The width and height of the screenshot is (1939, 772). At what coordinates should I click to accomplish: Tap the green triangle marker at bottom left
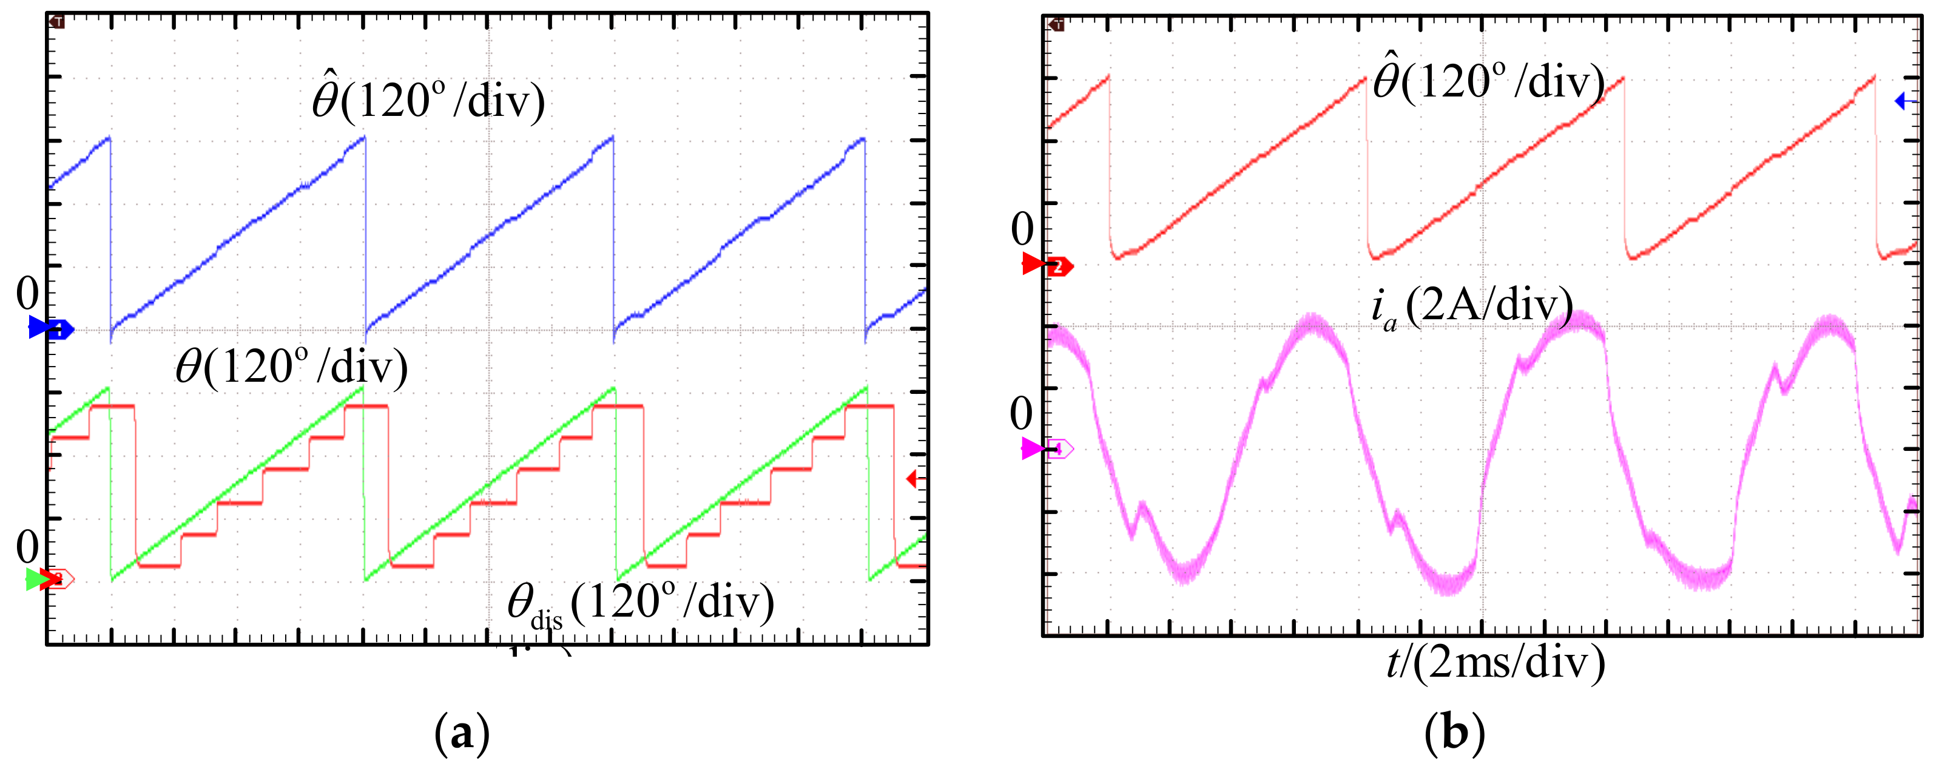click(x=35, y=579)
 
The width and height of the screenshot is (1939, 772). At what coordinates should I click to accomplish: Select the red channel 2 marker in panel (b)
click(x=1048, y=265)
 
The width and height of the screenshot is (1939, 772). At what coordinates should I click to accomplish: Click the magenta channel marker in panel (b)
click(x=1048, y=450)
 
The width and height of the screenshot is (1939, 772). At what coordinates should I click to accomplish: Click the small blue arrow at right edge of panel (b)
click(x=1904, y=100)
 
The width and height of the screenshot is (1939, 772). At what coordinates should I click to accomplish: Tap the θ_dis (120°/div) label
click(x=640, y=603)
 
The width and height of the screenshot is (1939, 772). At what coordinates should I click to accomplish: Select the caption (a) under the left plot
click(x=462, y=733)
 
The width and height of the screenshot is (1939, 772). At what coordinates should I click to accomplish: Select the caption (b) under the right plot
click(x=1454, y=733)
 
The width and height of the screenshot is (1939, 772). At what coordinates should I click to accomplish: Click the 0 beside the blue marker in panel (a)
click(x=27, y=293)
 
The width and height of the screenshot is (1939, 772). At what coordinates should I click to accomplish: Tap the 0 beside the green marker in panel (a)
click(x=27, y=546)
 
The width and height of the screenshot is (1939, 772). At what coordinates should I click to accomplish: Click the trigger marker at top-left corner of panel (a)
click(x=57, y=22)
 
